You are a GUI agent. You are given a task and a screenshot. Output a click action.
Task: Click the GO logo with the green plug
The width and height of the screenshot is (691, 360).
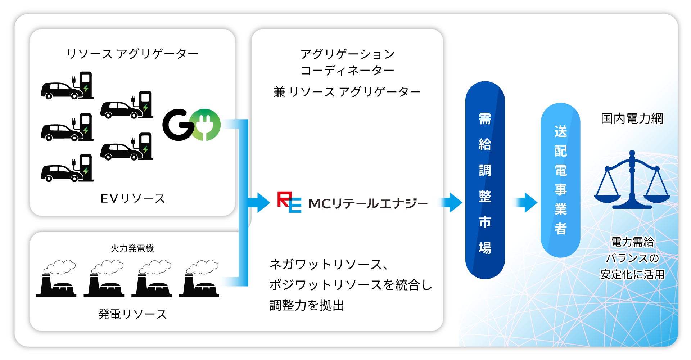pos(191,125)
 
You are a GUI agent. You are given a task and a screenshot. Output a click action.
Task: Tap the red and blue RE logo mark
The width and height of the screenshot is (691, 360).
pos(289,202)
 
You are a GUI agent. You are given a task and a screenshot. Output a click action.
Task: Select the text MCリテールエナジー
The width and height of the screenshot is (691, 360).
pos(368,204)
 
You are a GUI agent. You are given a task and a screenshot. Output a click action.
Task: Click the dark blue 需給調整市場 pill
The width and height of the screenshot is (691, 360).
pos(485,180)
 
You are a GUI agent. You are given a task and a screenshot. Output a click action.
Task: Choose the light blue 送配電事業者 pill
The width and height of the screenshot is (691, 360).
pos(560,180)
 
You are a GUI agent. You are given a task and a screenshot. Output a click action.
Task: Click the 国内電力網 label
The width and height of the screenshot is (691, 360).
pos(632,119)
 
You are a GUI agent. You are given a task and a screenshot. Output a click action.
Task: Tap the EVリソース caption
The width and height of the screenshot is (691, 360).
pos(132,198)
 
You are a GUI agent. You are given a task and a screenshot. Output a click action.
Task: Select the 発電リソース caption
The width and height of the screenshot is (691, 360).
pos(132,314)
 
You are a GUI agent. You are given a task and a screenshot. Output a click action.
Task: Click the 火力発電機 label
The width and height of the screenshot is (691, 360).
pos(132,248)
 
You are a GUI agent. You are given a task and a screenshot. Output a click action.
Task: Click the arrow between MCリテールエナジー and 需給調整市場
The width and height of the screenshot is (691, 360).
pos(452,202)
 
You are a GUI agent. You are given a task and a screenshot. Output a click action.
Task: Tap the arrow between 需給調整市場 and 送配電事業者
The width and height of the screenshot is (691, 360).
pos(527,202)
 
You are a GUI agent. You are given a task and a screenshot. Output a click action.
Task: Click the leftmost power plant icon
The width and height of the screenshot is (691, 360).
pos(56,279)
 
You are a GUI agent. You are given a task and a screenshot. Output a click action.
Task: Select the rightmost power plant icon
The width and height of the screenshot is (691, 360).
pos(199,279)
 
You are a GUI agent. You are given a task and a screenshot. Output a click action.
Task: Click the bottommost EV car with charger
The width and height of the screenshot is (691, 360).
pos(67,168)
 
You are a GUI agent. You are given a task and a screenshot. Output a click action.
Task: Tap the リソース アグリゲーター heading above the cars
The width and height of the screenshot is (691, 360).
pos(132,54)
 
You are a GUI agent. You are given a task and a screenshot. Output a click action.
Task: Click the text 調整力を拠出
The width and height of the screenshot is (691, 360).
pos(307,305)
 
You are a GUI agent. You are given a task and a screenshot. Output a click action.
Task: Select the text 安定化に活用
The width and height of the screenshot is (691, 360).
pos(632,275)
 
